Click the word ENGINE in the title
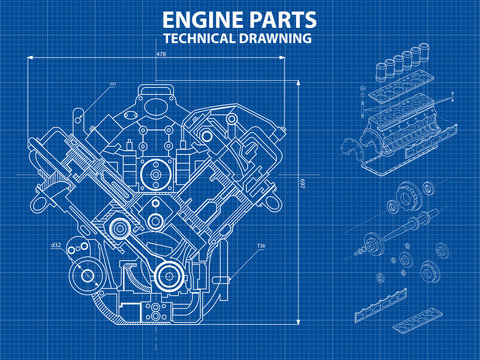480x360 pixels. click(199, 20)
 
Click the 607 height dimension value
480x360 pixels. click(303, 182)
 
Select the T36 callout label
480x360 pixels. click(261, 246)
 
